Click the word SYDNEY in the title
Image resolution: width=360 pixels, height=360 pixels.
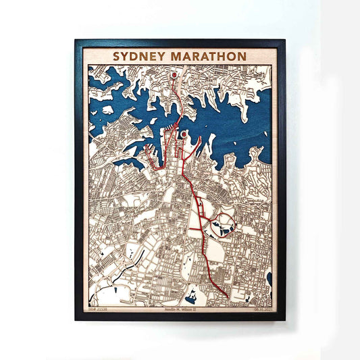tap(138, 56)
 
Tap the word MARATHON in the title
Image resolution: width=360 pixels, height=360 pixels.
tap(205, 56)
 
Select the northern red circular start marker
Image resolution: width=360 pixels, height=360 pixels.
tap(174, 75)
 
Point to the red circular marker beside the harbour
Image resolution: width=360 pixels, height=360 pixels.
tap(184, 134)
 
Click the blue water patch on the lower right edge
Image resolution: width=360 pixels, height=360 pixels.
tap(269, 278)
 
